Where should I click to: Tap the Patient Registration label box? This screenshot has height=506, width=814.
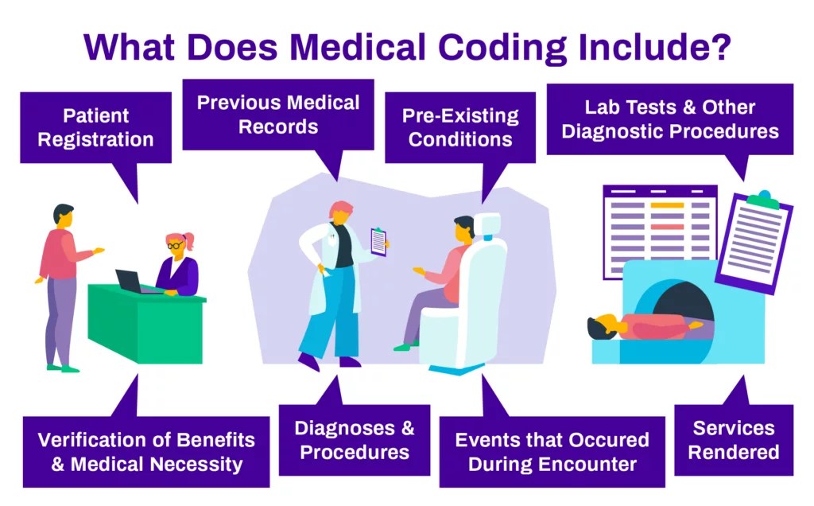(x=95, y=128)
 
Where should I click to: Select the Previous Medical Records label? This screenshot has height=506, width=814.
(x=278, y=114)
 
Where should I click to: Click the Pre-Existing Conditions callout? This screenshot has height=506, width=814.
(x=459, y=127)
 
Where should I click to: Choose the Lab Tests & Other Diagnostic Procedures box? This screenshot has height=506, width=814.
(x=669, y=119)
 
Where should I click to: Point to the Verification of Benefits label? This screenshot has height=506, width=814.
(x=146, y=451)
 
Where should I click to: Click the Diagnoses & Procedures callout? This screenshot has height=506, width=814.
(x=354, y=440)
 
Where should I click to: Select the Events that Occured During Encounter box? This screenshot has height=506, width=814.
(x=552, y=451)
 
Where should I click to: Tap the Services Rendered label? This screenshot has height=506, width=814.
(x=733, y=440)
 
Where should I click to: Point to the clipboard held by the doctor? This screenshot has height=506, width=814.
(x=379, y=241)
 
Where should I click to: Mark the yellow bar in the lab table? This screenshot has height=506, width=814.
(x=666, y=205)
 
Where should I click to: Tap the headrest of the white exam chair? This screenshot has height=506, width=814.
(x=490, y=228)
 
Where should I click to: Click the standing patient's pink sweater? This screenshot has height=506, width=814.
(x=63, y=254)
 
